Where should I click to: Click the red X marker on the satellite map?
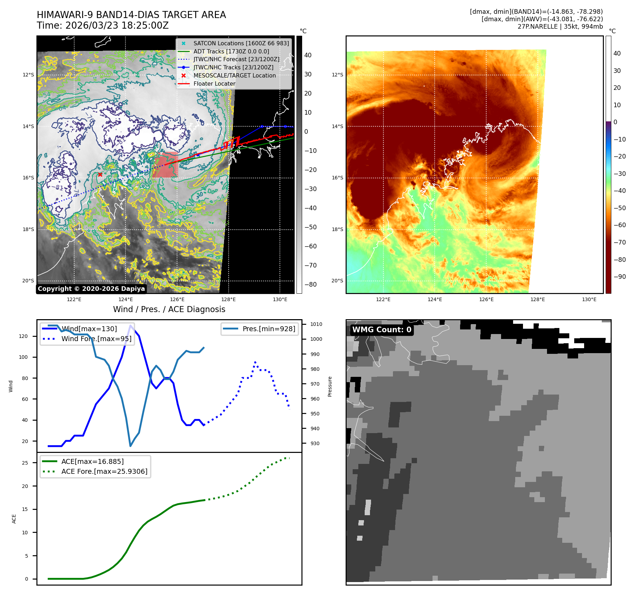click(x=100, y=174)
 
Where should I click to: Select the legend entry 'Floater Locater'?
click(x=214, y=84)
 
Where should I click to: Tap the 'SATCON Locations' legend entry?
click(x=241, y=43)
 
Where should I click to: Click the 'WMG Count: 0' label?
click(x=382, y=330)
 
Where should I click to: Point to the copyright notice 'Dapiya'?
click(x=91, y=289)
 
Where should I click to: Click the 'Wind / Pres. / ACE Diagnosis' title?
click(x=169, y=309)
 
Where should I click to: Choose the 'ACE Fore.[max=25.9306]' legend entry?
click(x=104, y=471)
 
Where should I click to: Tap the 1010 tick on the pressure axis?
click(x=316, y=324)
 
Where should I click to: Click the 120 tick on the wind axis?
click(x=23, y=336)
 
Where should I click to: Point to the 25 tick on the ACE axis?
click(x=25, y=463)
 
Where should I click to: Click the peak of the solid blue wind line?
click(x=131, y=326)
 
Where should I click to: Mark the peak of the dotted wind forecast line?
click(x=255, y=362)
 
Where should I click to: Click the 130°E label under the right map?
click(x=589, y=299)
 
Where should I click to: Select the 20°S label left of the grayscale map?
click(x=28, y=281)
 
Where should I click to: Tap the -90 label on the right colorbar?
click(x=619, y=277)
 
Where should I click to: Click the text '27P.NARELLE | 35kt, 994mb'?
click(x=560, y=27)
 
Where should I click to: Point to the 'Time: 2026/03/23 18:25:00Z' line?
click(x=102, y=25)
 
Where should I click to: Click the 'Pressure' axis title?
click(x=330, y=386)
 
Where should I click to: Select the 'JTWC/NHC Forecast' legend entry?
click(x=236, y=59)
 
